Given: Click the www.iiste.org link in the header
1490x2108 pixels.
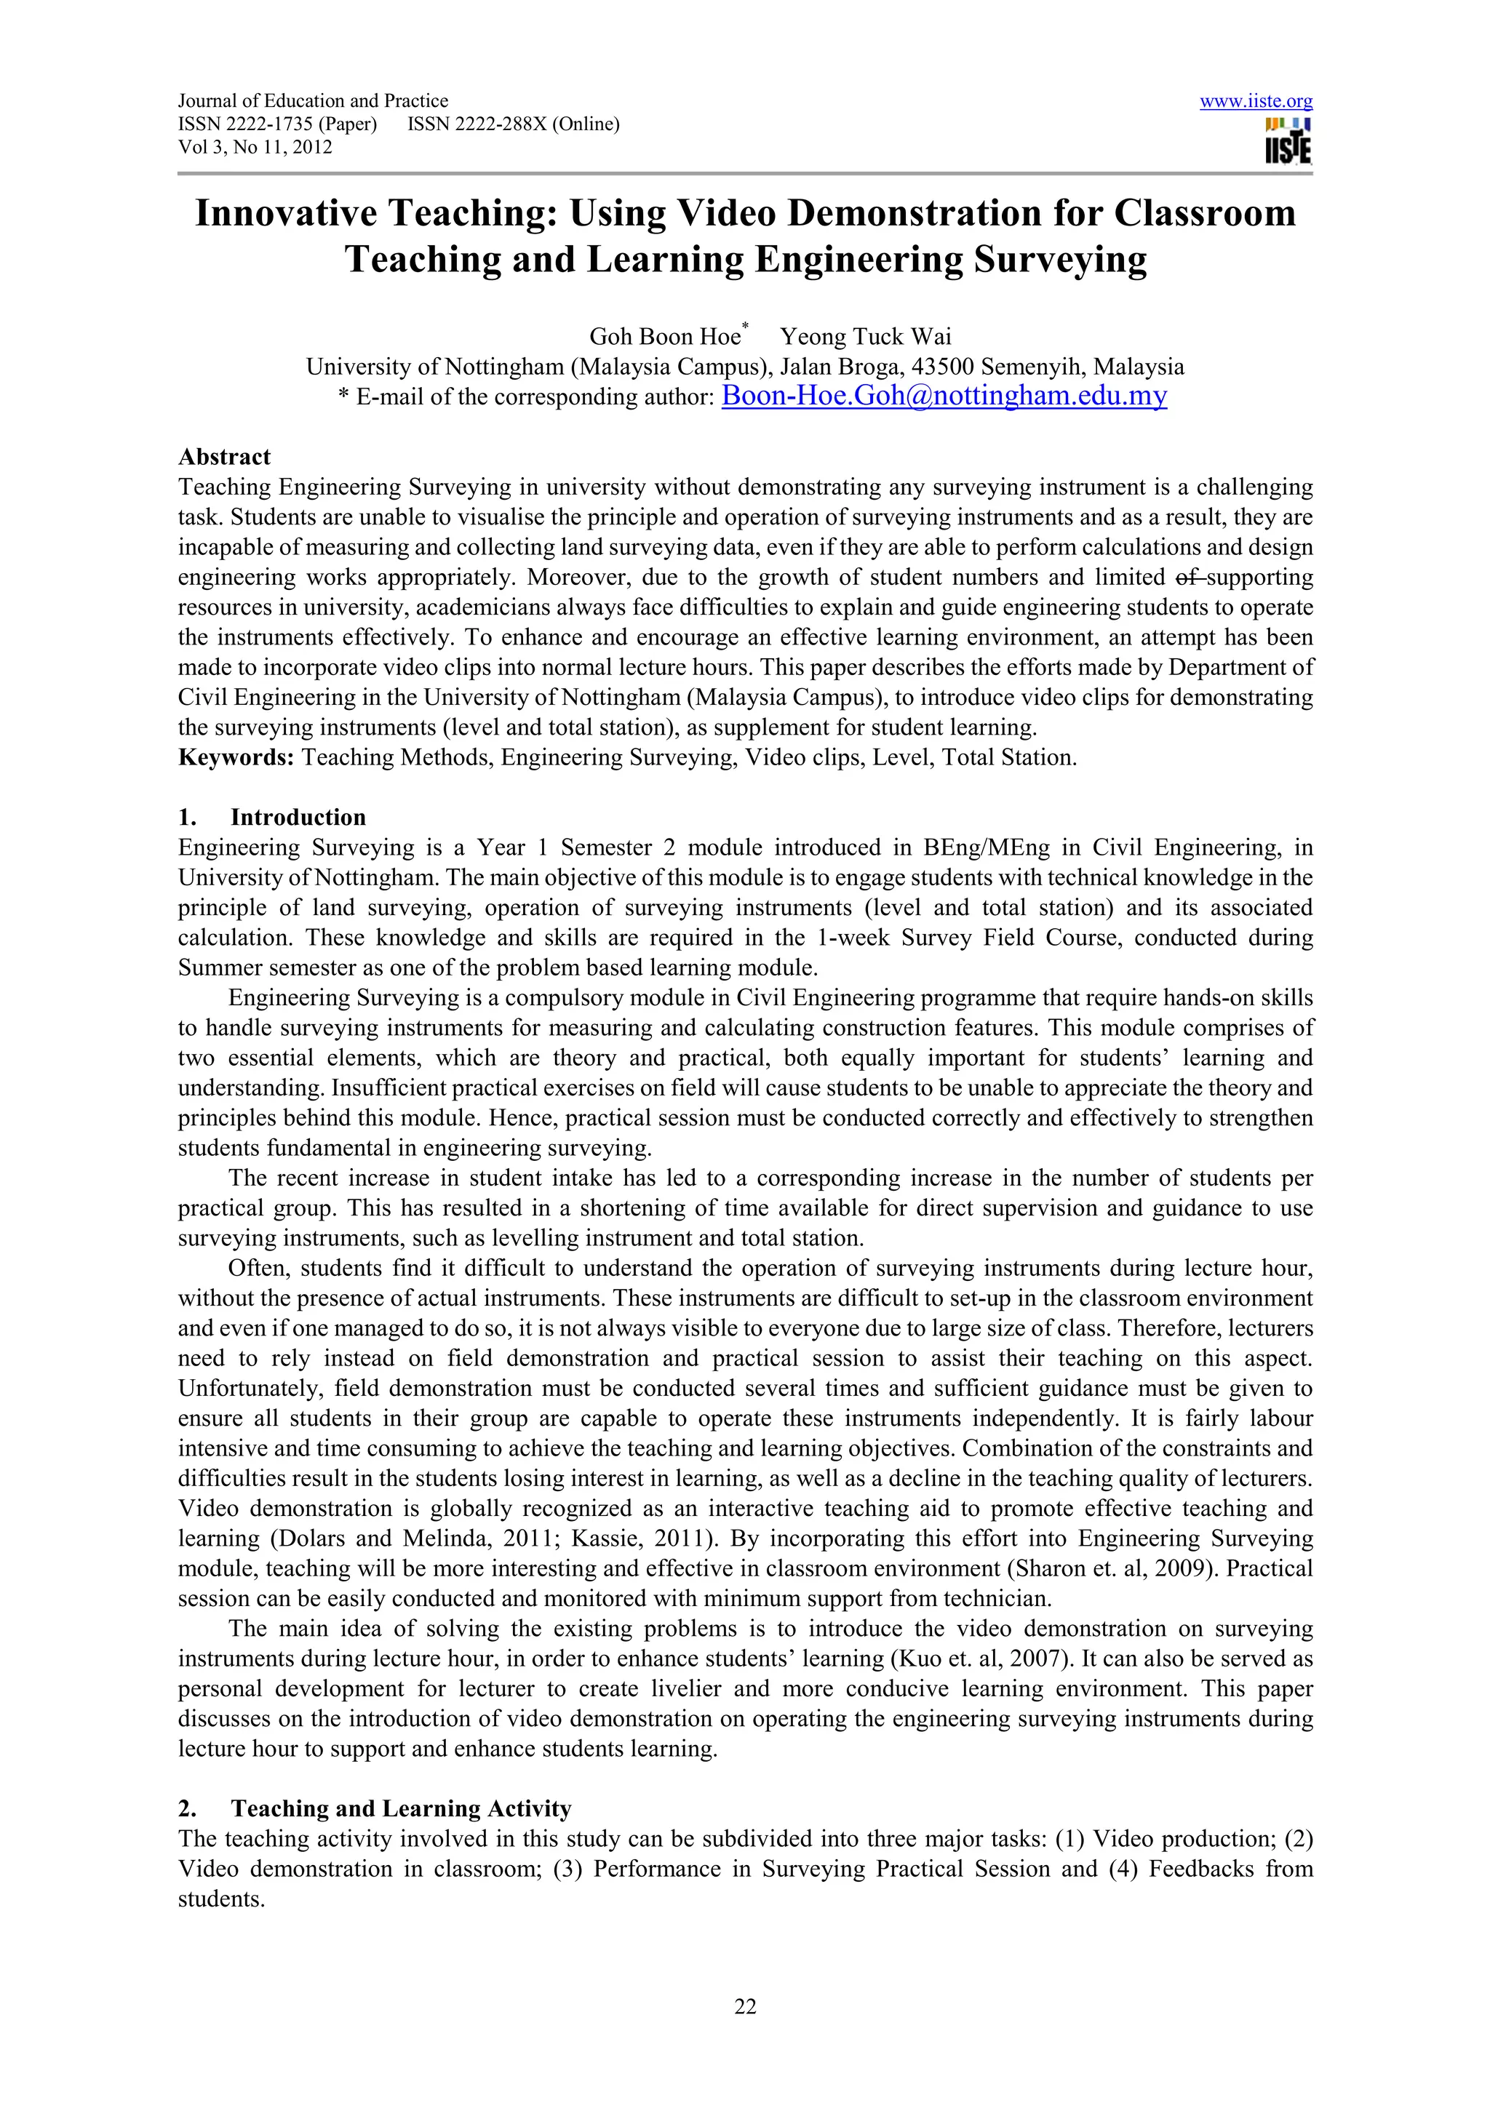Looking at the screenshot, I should [1255, 102].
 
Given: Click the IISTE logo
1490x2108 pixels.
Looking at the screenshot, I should [1288, 140].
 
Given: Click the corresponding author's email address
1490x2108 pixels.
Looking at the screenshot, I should [944, 396].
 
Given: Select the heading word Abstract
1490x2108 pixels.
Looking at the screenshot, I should [224, 458].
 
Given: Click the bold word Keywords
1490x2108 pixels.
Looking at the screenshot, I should [235, 757].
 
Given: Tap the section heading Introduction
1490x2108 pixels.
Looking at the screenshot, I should [298, 817].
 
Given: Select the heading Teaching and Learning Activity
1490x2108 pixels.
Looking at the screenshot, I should [400, 1809].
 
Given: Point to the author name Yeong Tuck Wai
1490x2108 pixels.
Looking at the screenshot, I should [866, 337].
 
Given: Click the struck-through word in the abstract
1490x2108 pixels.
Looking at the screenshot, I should [1189, 578].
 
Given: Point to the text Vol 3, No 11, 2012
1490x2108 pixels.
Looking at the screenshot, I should [255, 148].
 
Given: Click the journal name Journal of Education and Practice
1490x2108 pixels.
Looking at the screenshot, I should [313, 101].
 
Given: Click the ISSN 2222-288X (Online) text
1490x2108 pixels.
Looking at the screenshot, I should [513, 124].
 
